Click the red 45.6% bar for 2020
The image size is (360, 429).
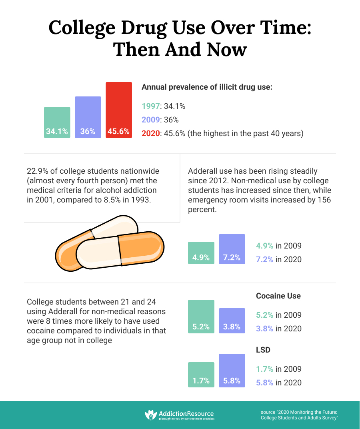coord(119,110)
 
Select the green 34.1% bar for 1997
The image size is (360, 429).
coord(57,122)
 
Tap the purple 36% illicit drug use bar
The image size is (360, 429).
coord(88,117)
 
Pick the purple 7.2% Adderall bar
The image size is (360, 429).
coord(232,249)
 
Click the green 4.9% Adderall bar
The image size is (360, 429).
coord(201,253)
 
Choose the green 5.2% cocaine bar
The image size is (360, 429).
coord(201,317)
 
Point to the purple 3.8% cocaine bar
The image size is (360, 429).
coord(232,321)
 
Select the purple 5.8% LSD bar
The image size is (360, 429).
coord(232,371)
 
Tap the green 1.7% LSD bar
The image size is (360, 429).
coord(201,375)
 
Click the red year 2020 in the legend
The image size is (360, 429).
coord(150,133)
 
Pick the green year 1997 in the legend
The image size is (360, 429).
coord(150,106)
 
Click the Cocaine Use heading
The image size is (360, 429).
coord(278,296)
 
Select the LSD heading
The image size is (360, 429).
coord(263,350)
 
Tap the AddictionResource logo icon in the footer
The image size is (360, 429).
coord(151,415)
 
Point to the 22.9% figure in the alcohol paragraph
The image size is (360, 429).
coord(38,171)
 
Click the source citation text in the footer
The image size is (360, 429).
coord(300,415)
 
